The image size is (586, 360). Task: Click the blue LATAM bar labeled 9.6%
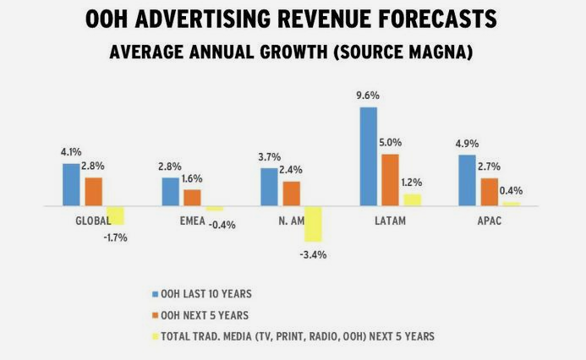(369, 156)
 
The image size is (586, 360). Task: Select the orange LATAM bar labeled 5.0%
(391, 180)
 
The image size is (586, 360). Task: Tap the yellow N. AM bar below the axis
(313, 224)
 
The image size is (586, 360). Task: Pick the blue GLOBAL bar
(71, 184)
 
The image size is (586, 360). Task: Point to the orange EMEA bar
(192, 197)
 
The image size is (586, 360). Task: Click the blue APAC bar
(467, 180)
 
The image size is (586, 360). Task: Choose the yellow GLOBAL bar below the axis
(115, 215)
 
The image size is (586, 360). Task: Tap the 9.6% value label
(367, 97)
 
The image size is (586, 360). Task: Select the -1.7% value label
(115, 237)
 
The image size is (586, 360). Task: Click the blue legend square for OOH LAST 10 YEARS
(155, 294)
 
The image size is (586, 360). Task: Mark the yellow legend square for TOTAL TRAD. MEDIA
(155, 336)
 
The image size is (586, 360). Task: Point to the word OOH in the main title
(110, 20)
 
